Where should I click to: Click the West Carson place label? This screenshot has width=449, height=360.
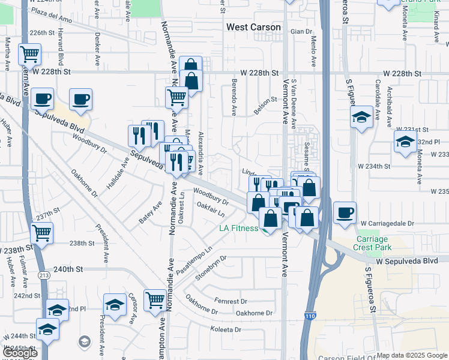253,28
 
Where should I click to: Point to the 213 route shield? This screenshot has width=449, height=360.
46,275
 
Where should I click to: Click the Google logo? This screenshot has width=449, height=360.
20,352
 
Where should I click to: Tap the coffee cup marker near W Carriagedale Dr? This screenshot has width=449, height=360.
345,214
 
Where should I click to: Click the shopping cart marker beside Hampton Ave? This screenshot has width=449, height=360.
155,299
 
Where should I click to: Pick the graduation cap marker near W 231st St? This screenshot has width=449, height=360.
405,143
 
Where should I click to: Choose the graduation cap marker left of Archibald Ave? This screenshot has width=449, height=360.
362,118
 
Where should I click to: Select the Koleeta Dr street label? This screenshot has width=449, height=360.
225,329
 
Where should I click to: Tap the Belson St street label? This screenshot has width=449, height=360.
264,106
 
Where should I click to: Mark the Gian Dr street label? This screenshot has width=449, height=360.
301,31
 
